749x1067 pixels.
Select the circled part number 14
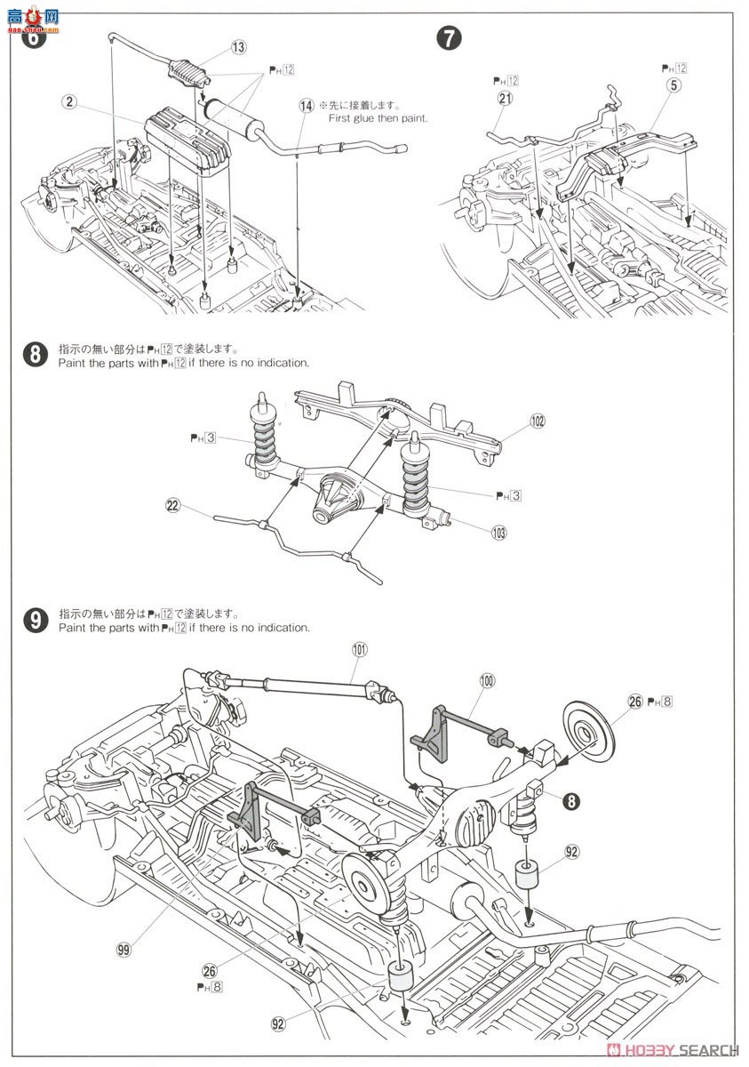tap(307, 105)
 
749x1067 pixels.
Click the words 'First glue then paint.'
tap(378, 117)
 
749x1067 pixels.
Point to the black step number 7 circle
tap(450, 38)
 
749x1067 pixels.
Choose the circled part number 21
tap(506, 99)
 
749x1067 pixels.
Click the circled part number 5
tap(676, 86)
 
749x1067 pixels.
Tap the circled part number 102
tap(537, 421)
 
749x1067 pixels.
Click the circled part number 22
tap(172, 505)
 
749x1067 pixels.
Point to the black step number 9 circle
tap(35, 620)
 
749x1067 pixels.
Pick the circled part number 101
tap(359, 649)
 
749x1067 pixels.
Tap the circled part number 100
tap(487, 679)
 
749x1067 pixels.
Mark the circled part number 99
tap(124, 948)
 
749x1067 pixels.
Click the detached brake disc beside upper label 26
tap(586, 733)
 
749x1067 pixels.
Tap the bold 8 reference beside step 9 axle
tap(571, 800)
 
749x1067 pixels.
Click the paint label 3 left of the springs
tap(203, 437)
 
